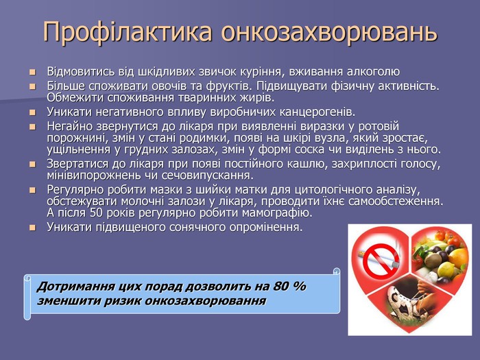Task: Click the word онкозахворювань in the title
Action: point(328,32)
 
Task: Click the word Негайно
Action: point(69,126)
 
